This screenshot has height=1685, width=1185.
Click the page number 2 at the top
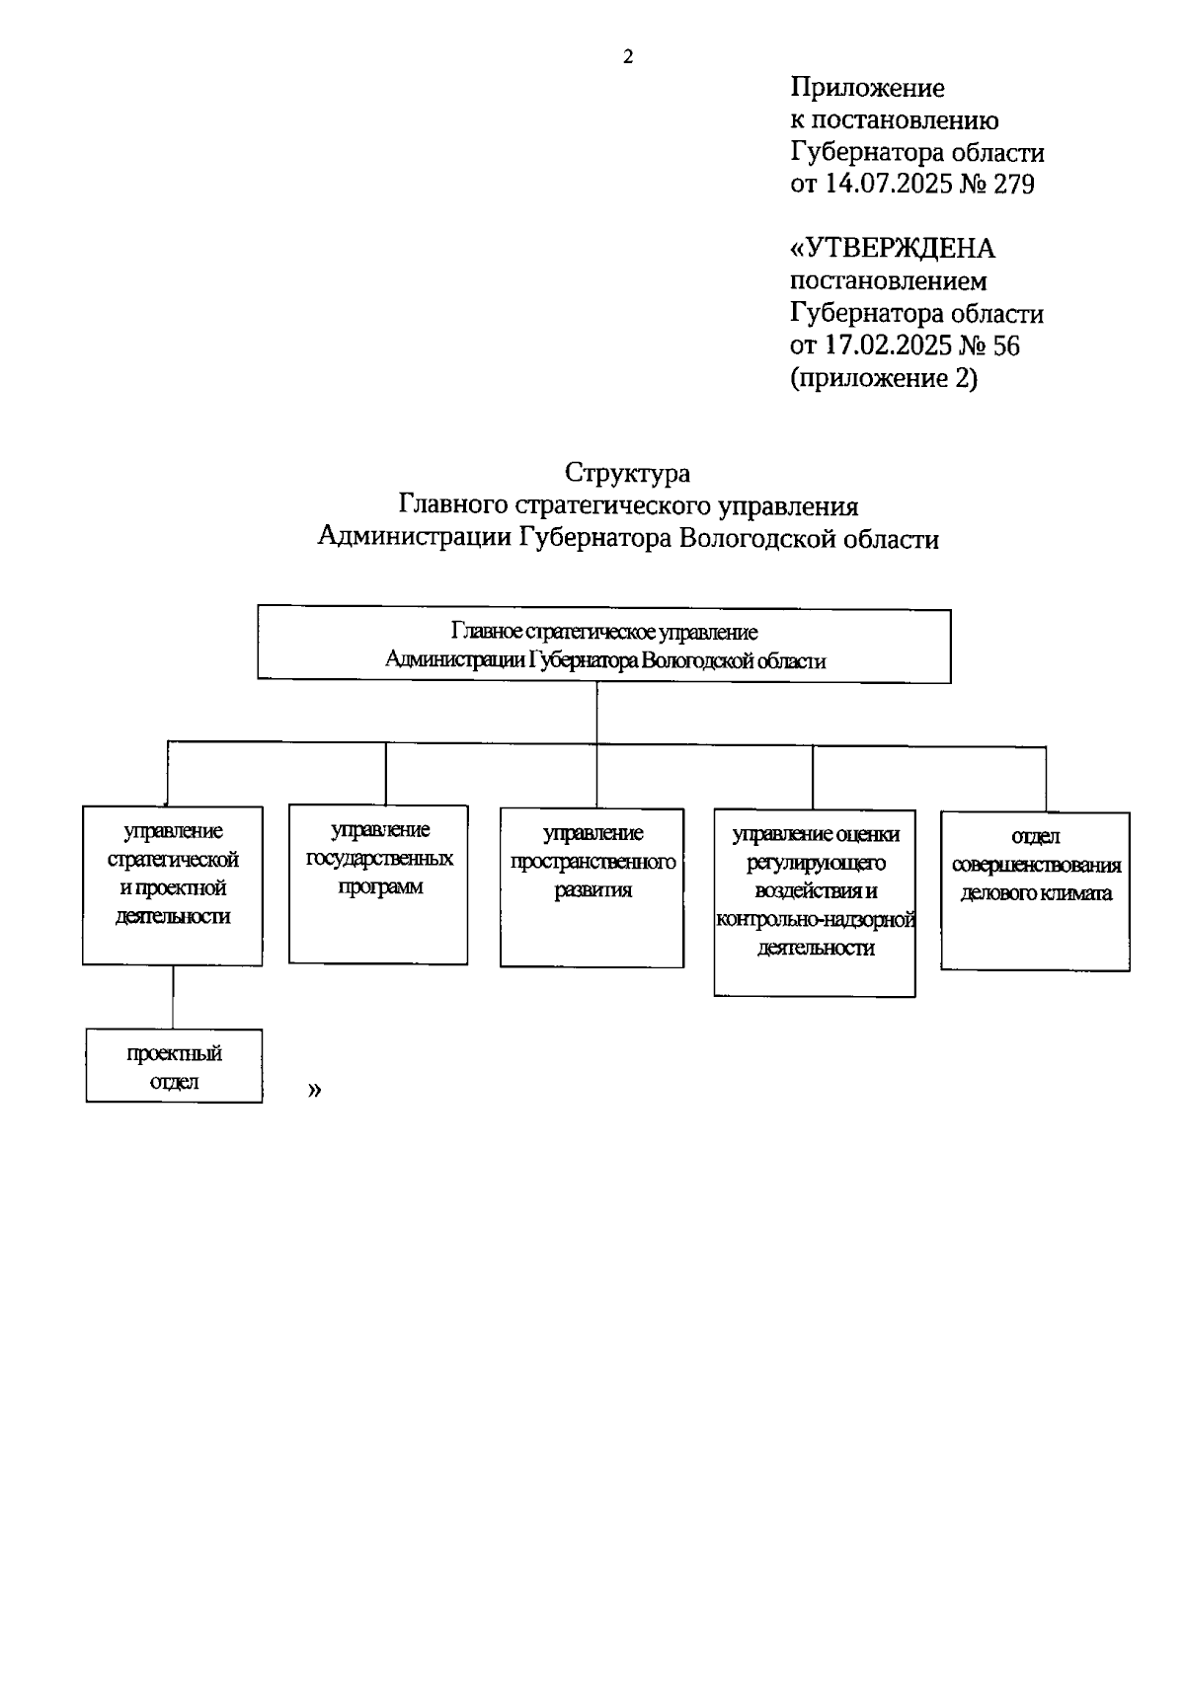pyautogui.click(x=628, y=57)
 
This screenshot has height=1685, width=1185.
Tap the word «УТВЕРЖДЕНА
pyautogui.click(x=893, y=248)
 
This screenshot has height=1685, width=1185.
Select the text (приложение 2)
pyautogui.click(x=884, y=378)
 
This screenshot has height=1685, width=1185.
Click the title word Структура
pyautogui.click(x=628, y=473)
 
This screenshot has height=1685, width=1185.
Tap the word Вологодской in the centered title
pyautogui.click(x=732, y=538)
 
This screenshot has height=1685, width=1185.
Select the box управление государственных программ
pyautogui.click(x=378, y=884)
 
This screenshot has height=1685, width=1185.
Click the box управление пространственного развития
pyautogui.click(x=592, y=887)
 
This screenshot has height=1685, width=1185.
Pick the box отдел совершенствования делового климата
pyautogui.click(x=1035, y=890)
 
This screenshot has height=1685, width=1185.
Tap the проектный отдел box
pyautogui.click(x=174, y=1066)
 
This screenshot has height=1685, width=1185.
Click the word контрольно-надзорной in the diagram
pyautogui.click(x=816, y=920)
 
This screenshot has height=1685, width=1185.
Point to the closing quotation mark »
pyautogui.click(x=315, y=1090)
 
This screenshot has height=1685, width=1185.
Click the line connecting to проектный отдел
pyautogui.click(x=174, y=997)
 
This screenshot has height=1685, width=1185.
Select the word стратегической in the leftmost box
pyautogui.click(x=173, y=860)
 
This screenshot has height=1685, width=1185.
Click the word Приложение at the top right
pyautogui.click(x=867, y=88)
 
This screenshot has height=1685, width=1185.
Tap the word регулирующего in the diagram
pyautogui.click(x=816, y=863)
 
